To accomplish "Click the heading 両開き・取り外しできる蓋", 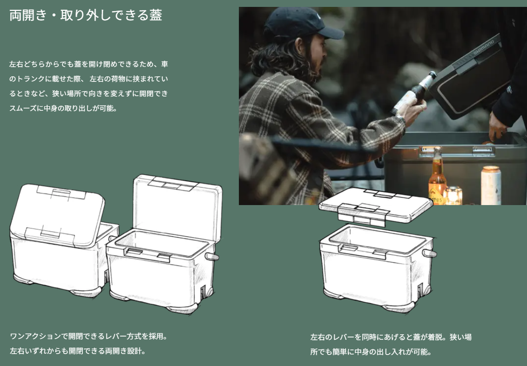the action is [x=86, y=15].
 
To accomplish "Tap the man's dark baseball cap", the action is [x=301, y=23].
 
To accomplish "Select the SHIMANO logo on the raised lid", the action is [x=484, y=48].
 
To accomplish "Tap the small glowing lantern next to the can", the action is [x=453, y=195].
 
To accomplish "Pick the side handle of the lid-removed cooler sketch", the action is [x=429, y=253].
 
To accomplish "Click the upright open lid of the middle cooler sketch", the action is [x=178, y=207].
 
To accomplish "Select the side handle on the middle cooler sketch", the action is [x=212, y=257].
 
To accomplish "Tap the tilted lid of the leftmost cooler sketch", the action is [x=57, y=215].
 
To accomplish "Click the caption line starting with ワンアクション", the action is [x=89, y=336].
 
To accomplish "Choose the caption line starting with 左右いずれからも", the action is [x=78, y=351].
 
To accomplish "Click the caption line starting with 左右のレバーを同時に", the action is [x=391, y=337].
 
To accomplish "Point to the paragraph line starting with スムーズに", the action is [x=63, y=108].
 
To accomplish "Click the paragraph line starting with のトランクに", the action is [x=89, y=79].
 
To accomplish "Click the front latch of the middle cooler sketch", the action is [x=148, y=255].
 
